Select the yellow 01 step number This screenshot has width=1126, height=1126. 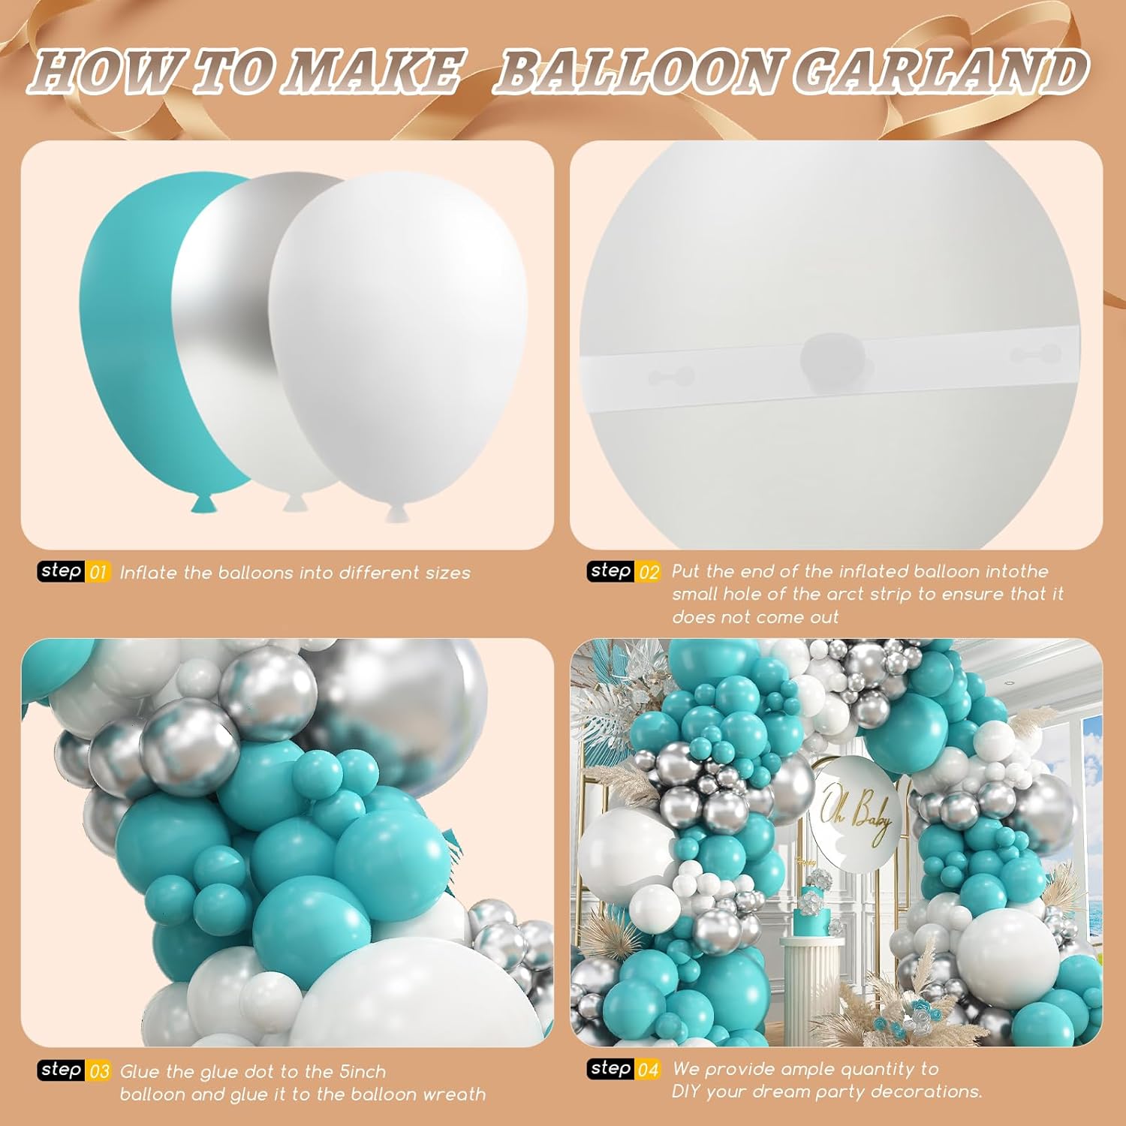(x=98, y=573)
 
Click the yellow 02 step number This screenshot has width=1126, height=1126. (x=649, y=572)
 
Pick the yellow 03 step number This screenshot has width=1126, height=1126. (x=98, y=1071)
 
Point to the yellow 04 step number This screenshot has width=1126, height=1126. (x=649, y=1069)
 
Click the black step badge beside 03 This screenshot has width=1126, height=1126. (x=62, y=1070)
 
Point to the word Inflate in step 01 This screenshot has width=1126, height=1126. (x=149, y=573)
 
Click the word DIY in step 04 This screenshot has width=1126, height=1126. (x=686, y=1091)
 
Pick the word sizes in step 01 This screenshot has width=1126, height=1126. (x=447, y=574)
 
